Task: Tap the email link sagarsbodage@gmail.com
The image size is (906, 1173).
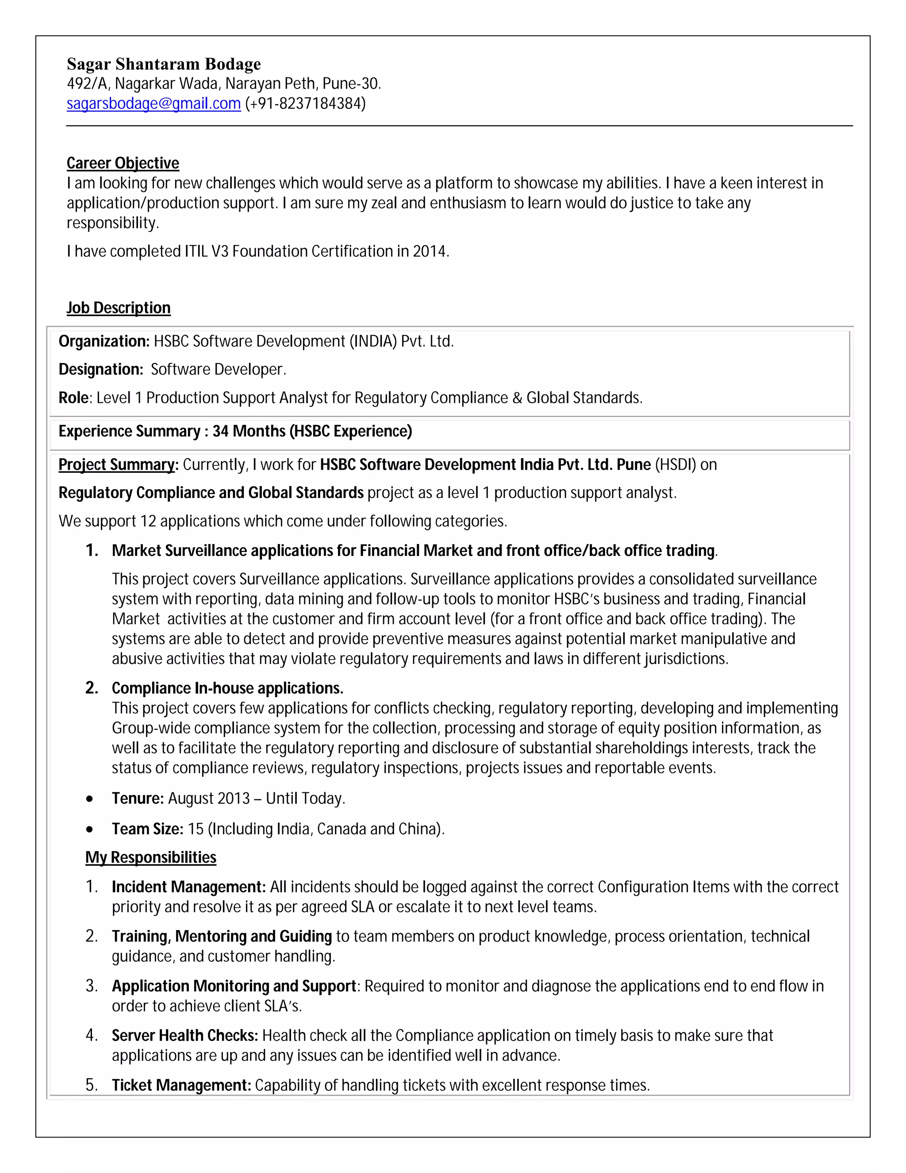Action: (154, 103)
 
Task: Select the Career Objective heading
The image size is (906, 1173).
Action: (123, 163)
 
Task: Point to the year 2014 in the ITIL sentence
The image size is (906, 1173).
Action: (430, 251)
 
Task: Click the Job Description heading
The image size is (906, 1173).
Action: (118, 308)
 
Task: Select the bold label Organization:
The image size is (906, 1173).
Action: (104, 342)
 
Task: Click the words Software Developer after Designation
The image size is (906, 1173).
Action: (217, 370)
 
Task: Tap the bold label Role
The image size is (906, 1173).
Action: (73, 398)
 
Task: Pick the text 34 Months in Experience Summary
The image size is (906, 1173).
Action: (249, 431)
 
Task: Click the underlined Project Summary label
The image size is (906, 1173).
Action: (117, 465)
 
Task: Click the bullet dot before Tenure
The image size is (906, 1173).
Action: (90, 799)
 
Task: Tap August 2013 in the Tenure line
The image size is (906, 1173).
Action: (209, 799)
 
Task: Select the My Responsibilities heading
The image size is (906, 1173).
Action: (150, 857)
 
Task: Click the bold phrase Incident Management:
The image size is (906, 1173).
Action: (188, 887)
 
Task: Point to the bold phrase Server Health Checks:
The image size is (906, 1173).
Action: (184, 1035)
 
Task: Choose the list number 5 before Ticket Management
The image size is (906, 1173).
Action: (91, 1085)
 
